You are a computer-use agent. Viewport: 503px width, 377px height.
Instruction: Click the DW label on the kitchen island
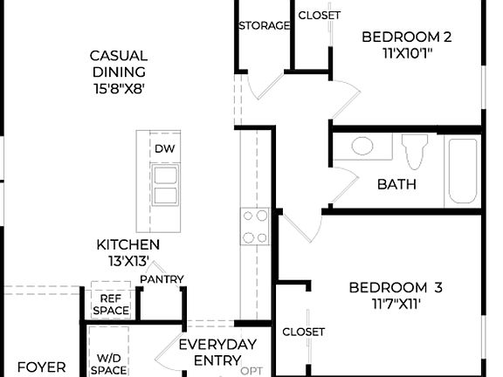pyautogui.click(x=164, y=148)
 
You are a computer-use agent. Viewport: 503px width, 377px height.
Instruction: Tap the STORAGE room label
pyautogui.click(x=264, y=25)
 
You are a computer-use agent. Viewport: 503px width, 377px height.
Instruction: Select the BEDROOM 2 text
pyautogui.click(x=406, y=37)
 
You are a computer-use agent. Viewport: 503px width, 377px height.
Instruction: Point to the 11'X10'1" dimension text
pyautogui.click(x=406, y=52)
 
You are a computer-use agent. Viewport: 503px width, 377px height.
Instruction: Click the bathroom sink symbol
pyautogui.click(x=362, y=146)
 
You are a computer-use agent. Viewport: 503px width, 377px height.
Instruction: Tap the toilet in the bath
pyautogui.click(x=416, y=150)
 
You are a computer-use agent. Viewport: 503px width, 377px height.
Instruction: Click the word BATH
pyautogui.click(x=396, y=184)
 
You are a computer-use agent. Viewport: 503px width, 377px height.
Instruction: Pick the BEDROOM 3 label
pyautogui.click(x=396, y=287)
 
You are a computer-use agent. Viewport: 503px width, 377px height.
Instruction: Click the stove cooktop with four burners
pyautogui.click(x=255, y=226)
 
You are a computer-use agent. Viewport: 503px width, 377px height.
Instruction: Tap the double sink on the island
pyautogui.click(x=164, y=184)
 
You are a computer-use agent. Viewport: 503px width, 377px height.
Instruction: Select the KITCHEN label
pyautogui.click(x=127, y=245)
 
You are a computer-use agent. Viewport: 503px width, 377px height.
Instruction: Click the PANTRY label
pyautogui.click(x=162, y=279)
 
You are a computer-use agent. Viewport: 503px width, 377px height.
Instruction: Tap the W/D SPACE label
pyautogui.click(x=110, y=364)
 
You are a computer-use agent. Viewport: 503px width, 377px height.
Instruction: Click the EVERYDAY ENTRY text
pyautogui.click(x=217, y=353)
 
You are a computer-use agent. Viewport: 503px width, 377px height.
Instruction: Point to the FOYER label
pyautogui.click(x=42, y=367)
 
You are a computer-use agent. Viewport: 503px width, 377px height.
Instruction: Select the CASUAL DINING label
pyautogui.click(x=118, y=72)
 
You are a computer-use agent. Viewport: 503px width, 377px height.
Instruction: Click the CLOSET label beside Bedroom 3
pyautogui.click(x=304, y=332)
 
